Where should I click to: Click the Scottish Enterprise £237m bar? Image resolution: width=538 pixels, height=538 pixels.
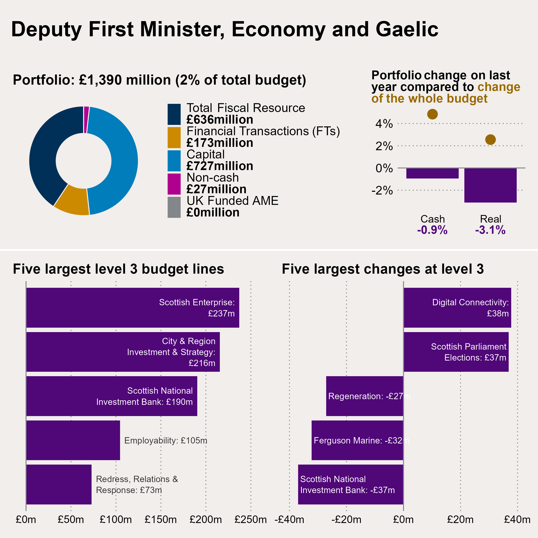(132, 307)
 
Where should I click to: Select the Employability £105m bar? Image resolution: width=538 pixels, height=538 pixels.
(73, 440)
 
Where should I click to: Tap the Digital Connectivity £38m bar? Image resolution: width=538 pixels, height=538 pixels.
(457, 307)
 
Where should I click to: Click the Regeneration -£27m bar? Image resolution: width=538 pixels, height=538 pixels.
(365, 396)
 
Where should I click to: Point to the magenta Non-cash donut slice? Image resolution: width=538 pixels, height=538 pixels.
(86, 120)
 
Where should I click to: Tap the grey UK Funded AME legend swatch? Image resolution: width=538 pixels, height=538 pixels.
(174, 207)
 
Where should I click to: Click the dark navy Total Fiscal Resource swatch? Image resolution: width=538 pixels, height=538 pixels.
(174, 114)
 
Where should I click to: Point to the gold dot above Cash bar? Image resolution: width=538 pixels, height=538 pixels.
(432, 114)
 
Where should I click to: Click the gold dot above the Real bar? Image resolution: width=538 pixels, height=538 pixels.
(490, 139)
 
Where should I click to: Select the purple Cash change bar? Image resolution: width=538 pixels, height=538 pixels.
(432, 173)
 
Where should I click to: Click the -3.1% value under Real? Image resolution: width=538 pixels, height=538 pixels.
(490, 230)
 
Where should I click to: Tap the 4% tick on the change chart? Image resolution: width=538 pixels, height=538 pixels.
(384, 124)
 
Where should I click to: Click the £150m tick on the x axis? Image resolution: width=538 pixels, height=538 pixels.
(161, 519)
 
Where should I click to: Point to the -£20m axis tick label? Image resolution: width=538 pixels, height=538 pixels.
(346, 519)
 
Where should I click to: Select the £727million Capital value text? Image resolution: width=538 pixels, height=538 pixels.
(220, 166)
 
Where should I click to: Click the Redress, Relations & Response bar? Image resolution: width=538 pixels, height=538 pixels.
(59, 484)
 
